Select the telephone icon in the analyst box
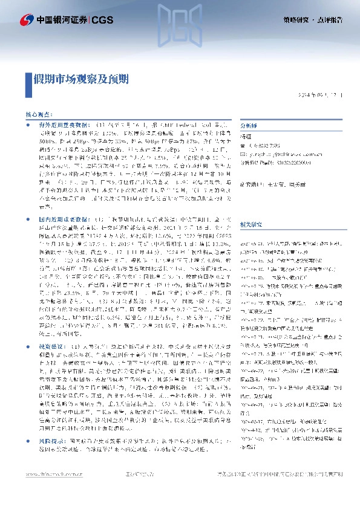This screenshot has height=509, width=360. click(243, 145)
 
